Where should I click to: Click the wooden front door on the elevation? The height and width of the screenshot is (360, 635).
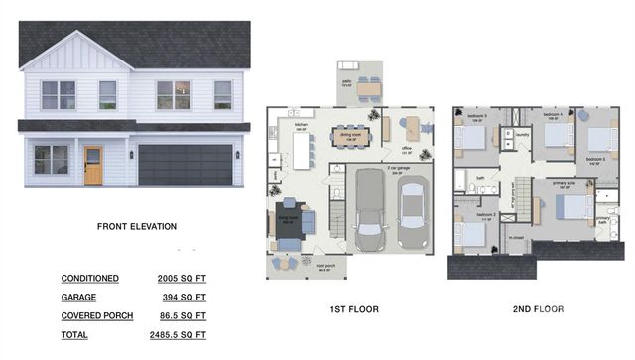(93, 166)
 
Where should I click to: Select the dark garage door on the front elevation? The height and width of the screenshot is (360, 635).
(186, 165)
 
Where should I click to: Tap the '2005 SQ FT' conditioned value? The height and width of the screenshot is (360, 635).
(182, 279)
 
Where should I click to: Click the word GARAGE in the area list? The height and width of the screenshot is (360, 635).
(79, 297)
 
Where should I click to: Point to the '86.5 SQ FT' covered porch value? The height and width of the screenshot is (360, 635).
(182, 315)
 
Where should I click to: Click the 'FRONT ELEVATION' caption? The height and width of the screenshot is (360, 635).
(137, 227)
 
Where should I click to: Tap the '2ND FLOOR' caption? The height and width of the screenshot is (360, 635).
(537, 309)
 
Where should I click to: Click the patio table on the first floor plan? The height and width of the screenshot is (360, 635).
(369, 89)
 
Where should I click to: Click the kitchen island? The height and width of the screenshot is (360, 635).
(300, 149)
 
